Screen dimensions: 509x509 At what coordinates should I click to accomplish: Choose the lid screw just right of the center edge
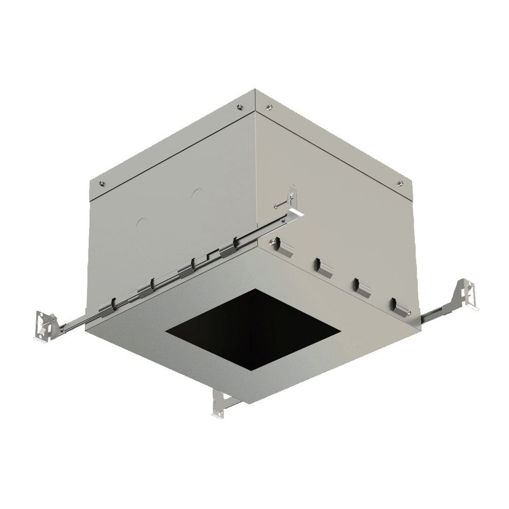(x=269, y=106)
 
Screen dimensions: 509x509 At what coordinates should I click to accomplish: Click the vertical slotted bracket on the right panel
(x=292, y=196)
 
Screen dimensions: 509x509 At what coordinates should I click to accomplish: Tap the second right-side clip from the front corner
(x=324, y=267)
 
